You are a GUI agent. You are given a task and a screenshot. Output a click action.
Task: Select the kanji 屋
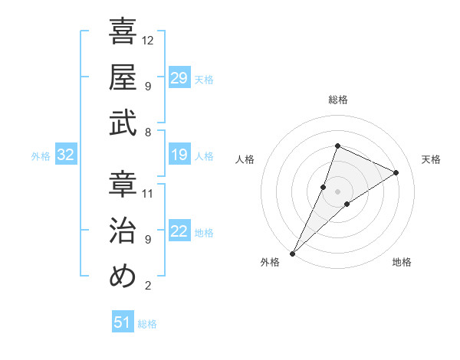click(123, 77)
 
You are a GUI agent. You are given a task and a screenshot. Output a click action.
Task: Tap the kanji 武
click(123, 123)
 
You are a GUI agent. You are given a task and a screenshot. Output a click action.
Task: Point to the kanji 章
click(123, 184)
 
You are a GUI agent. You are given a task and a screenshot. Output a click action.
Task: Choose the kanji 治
click(123, 231)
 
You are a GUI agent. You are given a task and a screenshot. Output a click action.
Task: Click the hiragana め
click(123, 277)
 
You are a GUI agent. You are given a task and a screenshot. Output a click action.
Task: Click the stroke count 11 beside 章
click(149, 192)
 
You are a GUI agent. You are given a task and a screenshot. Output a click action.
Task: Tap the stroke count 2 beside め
click(147, 286)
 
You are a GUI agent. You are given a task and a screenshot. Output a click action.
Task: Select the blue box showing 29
click(179, 77)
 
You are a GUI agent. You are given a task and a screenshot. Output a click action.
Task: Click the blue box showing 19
click(179, 155)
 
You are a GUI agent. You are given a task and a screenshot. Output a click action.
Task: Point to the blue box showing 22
click(179, 232)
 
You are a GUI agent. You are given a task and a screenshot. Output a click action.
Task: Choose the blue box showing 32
click(65, 155)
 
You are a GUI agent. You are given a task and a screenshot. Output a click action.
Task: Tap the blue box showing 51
click(122, 322)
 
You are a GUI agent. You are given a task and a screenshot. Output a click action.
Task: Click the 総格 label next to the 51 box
click(147, 324)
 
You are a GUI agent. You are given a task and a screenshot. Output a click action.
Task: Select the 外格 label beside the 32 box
click(41, 156)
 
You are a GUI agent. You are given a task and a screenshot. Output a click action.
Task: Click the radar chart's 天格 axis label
click(431, 159)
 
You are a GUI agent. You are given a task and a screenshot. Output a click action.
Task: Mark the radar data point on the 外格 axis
click(293, 253)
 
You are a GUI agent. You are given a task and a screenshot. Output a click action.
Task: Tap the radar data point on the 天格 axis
click(396, 172)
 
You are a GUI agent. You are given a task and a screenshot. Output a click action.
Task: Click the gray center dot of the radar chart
click(337, 191)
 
